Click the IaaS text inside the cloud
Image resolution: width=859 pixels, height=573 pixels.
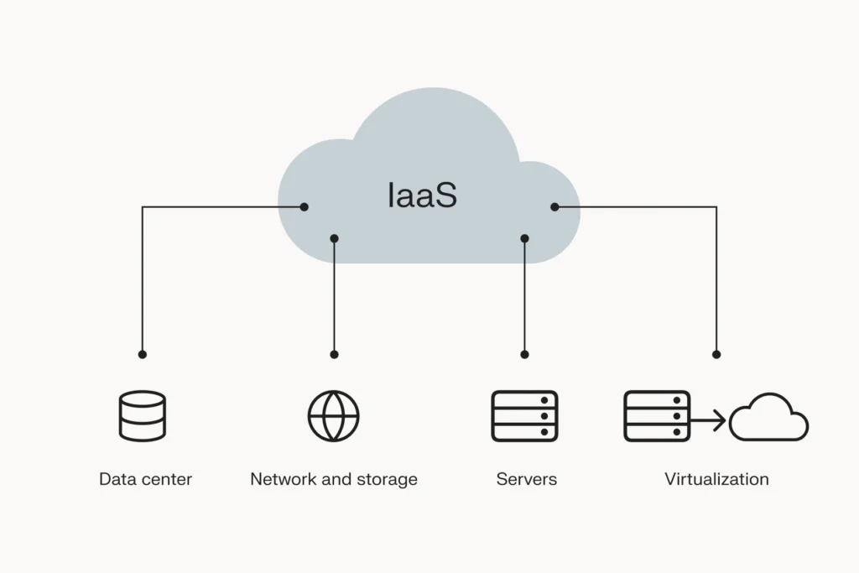[423, 195]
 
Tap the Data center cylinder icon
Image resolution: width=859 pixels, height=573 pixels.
[143, 416]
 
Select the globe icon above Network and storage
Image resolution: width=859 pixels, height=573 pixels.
[334, 416]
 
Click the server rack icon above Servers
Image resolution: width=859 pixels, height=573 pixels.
[525, 416]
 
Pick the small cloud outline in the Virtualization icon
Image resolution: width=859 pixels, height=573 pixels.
[768, 419]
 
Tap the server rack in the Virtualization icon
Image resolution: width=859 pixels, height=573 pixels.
[657, 416]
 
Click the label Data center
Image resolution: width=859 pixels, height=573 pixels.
[145, 480]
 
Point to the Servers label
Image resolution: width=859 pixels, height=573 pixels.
[526, 480]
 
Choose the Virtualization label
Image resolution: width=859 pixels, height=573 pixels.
[716, 480]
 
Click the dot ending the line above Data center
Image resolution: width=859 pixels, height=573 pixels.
[143, 355]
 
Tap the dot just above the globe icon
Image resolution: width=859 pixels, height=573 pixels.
[334, 355]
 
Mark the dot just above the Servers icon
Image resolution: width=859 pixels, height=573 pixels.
[525, 355]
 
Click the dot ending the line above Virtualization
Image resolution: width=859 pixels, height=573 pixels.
[716, 355]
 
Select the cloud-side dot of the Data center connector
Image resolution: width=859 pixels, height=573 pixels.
[305, 206]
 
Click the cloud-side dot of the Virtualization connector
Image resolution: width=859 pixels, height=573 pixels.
[554, 206]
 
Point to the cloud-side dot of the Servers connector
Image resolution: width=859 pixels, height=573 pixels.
[525, 238]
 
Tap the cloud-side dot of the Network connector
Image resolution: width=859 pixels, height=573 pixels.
[334, 238]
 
